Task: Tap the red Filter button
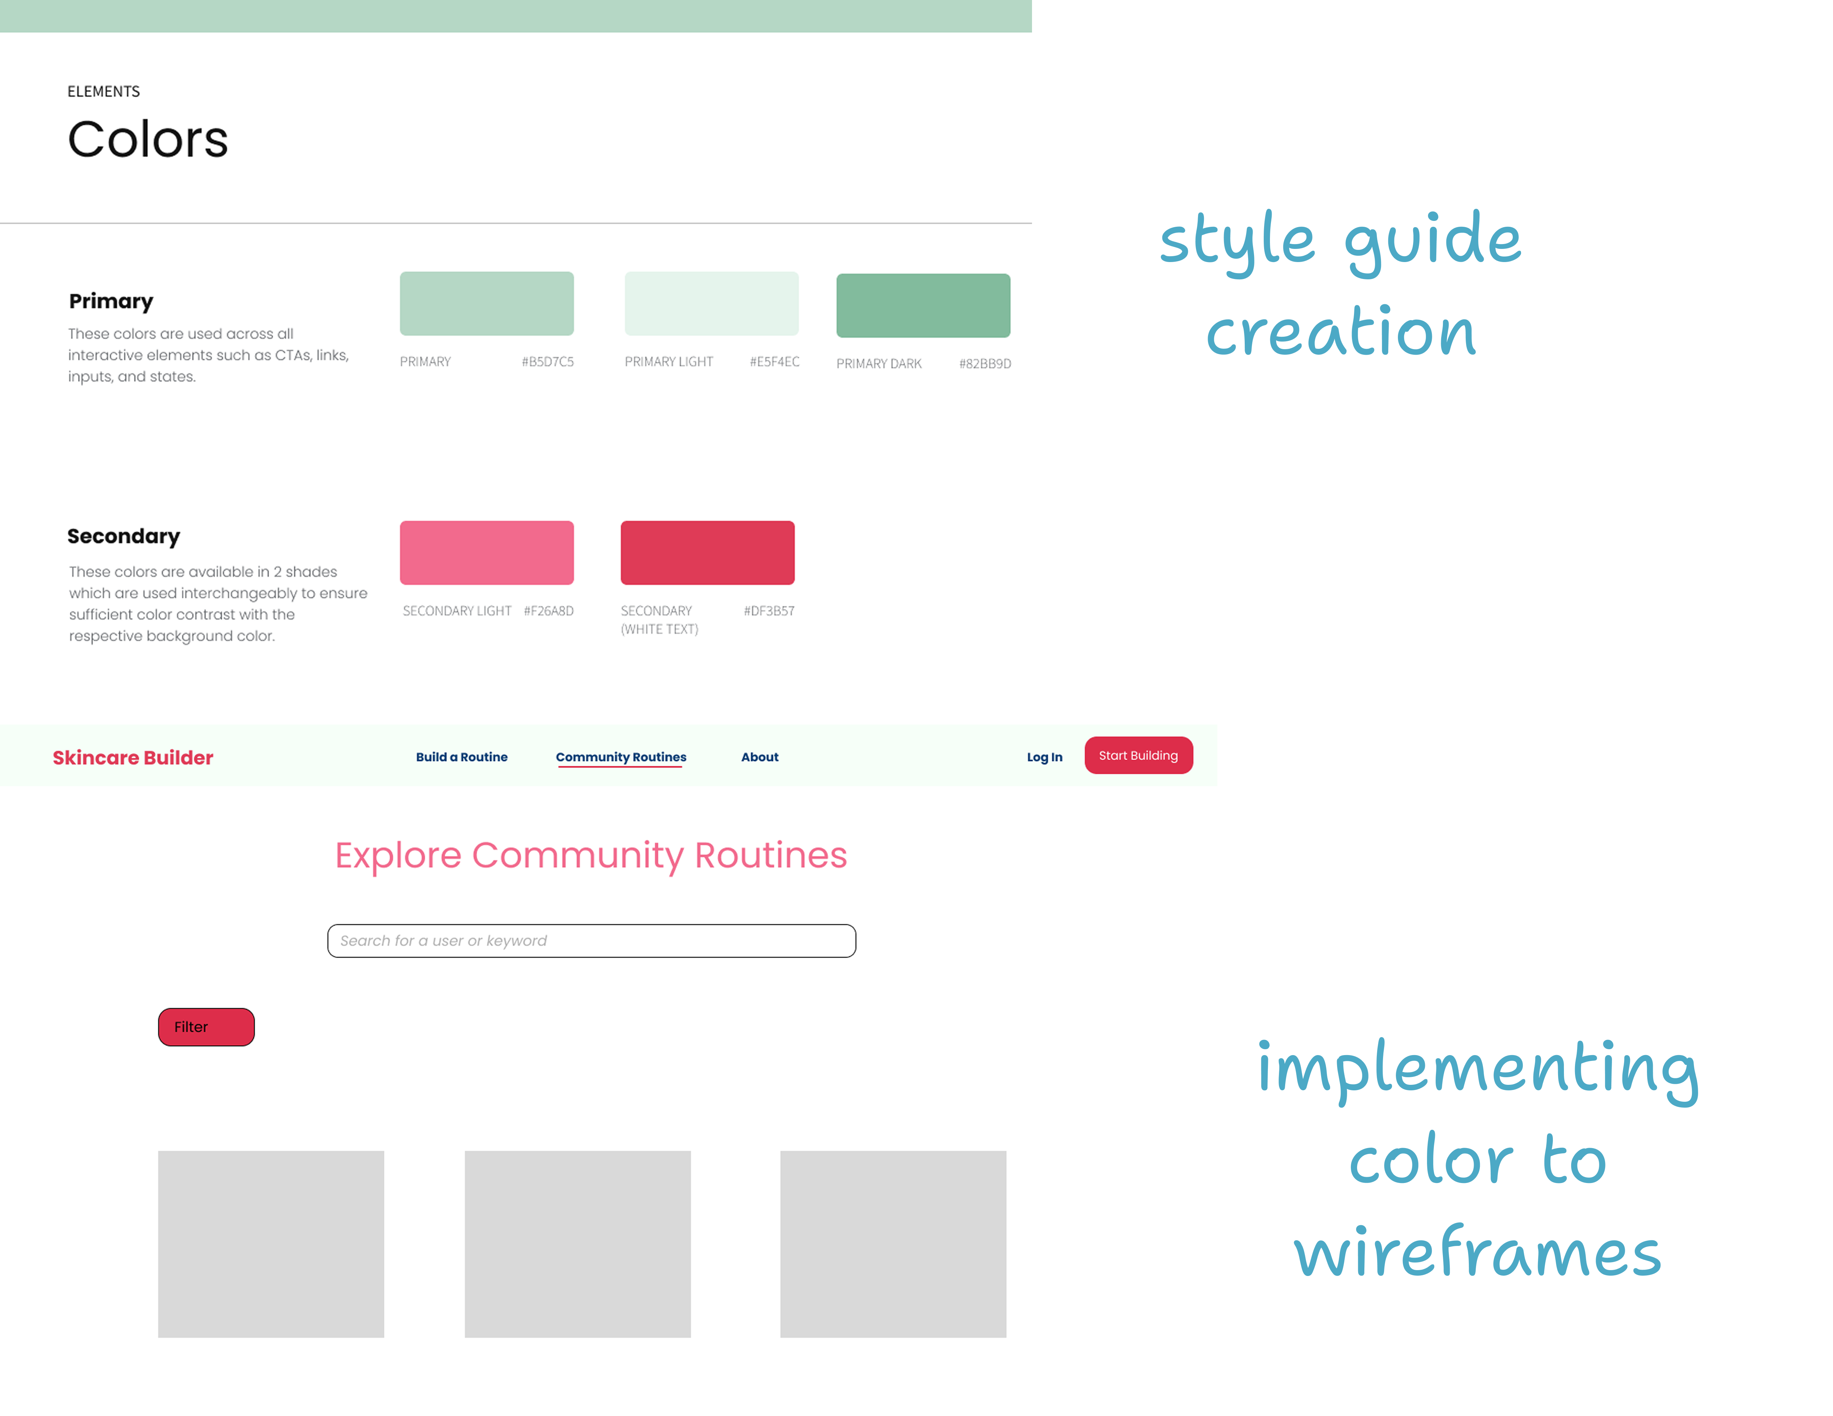[206, 1027]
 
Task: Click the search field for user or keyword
[592, 940]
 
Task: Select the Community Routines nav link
[621, 757]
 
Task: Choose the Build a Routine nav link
[462, 757]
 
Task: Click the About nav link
[759, 757]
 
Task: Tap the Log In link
[1044, 757]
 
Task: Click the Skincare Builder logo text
[132, 757]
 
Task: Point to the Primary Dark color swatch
[923, 305]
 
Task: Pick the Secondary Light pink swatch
[487, 553]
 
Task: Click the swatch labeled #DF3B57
[708, 553]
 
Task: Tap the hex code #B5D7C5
[547, 362]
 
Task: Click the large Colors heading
[148, 139]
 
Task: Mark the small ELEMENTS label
[103, 91]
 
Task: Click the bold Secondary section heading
[123, 536]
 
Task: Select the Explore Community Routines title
[591, 855]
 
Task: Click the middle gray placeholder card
[578, 1244]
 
